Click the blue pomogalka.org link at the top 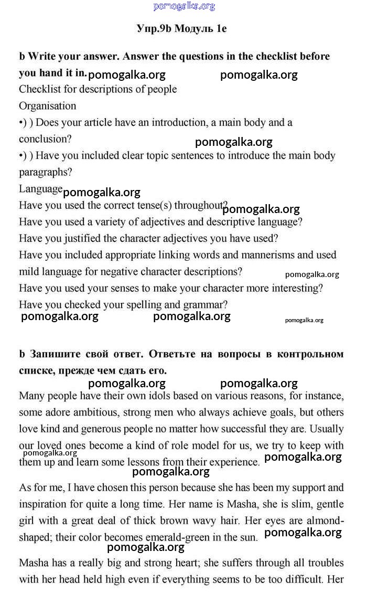coord(184,6)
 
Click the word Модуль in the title coord(193,29)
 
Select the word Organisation coord(48,106)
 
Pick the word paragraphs coord(45,172)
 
